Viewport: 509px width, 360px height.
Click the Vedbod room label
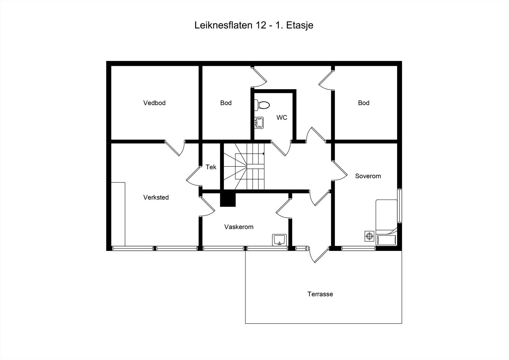click(154, 103)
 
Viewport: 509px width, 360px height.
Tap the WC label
click(282, 117)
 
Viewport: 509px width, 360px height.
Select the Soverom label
click(368, 176)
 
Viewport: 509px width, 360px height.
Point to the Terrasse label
click(320, 294)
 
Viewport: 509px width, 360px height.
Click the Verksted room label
click(156, 197)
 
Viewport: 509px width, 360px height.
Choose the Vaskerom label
click(239, 227)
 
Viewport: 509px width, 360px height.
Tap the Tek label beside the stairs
click(211, 167)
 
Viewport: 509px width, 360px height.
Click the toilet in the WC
click(262, 105)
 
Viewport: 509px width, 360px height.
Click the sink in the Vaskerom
click(280, 240)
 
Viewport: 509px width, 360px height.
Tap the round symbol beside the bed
click(369, 236)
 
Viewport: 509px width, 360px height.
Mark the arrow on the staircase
click(263, 154)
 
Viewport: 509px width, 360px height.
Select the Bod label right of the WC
click(364, 103)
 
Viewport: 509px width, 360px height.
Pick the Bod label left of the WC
click(226, 103)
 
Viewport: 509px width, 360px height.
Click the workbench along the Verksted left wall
click(118, 214)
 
